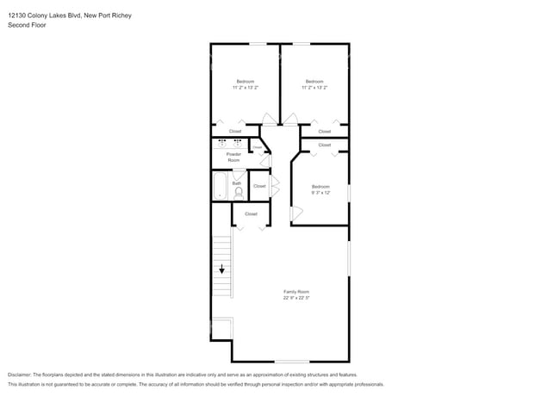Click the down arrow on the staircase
pos(221,270)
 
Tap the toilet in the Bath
pos(238,193)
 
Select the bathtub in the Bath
pos(220,186)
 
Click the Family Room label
pos(296,292)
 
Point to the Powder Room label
pos(233,158)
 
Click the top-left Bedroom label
pos(245,82)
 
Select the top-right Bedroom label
pos(314,82)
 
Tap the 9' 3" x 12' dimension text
pos(320,193)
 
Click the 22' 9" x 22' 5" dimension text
pos(296,299)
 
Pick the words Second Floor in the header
pos(26,26)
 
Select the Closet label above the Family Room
pos(251,213)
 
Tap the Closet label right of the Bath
pos(259,186)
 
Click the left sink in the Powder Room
pos(222,143)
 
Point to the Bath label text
pos(236,183)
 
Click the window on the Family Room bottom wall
pos(291,362)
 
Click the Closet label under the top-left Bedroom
pos(235,131)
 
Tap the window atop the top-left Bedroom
pos(258,43)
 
